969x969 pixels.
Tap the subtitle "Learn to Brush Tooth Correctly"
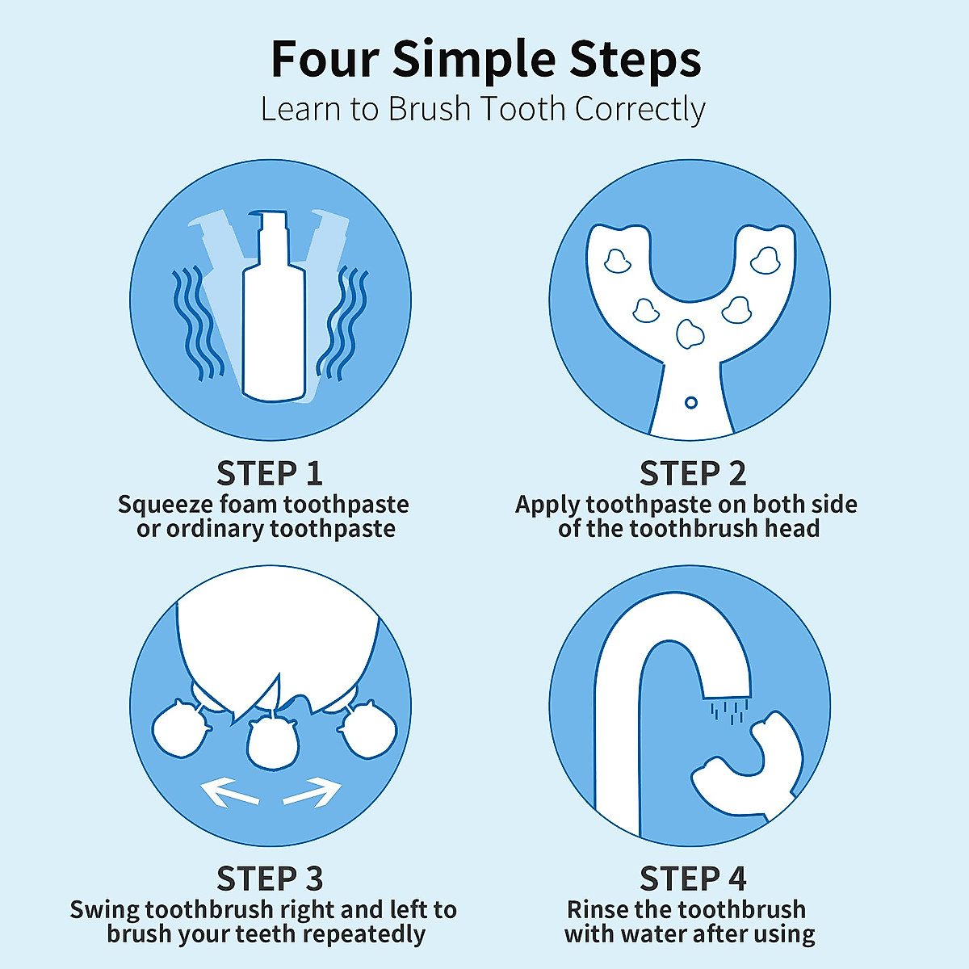point(483,109)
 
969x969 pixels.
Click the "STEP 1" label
point(270,473)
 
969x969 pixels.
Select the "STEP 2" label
point(693,473)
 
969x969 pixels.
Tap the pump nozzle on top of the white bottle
point(270,220)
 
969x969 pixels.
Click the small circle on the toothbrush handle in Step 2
point(691,402)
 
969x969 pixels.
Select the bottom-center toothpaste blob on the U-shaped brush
point(690,333)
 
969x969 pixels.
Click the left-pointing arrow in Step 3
point(229,792)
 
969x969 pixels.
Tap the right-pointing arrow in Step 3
point(313,792)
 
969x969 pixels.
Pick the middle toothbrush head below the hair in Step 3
point(274,743)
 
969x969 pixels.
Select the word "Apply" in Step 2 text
point(547,505)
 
